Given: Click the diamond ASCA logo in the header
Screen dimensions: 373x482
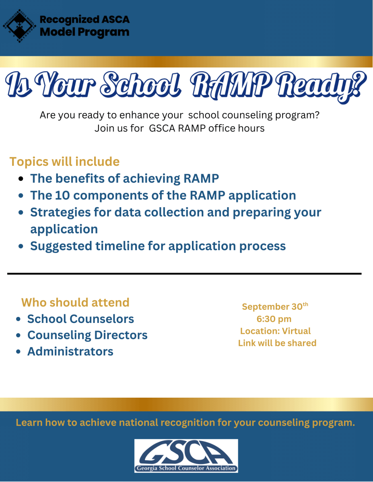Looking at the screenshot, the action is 20,26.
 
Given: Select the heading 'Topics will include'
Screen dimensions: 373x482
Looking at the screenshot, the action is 64,161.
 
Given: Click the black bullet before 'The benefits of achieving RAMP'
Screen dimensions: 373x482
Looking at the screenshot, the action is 21,179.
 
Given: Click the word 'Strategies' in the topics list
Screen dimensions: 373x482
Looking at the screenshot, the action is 60,213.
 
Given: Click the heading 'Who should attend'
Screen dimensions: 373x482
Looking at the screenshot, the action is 75,302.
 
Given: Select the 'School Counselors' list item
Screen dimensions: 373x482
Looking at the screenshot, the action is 80,319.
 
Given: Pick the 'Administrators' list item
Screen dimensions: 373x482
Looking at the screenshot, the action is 70,351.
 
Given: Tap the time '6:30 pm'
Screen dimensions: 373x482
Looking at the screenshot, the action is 274,319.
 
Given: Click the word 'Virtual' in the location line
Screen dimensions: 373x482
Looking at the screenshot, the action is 297,331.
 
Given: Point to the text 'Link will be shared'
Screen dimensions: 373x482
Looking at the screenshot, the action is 277,343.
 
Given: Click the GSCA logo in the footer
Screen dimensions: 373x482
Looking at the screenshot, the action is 186,456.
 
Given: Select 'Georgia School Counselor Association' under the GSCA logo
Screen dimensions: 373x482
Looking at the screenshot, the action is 186,468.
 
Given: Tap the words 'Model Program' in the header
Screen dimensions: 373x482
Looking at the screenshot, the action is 84,33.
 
